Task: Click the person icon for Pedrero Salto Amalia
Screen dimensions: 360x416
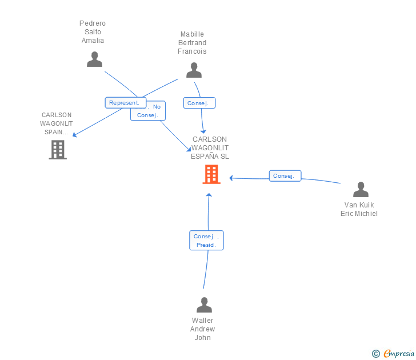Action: pyautogui.click(x=94, y=59)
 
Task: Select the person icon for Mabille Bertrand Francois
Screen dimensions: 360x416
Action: pyautogui.click(x=194, y=70)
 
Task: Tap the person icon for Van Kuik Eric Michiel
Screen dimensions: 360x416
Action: pyautogui.click(x=361, y=189)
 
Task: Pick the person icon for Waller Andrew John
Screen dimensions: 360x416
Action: pyautogui.click(x=203, y=305)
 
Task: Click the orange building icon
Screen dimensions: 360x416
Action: pyautogui.click(x=211, y=174)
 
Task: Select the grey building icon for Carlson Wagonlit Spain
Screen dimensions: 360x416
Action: pyautogui.click(x=58, y=150)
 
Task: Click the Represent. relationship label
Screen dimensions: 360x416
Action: pyautogui.click(x=123, y=103)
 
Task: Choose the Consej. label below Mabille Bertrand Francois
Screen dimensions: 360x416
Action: pyautogui.click(x=199, y=103)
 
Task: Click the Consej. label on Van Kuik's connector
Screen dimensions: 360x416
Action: pyautogui.click(x=285, y=176)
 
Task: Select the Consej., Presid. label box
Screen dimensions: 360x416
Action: pyautogui.click(x=206, y=241)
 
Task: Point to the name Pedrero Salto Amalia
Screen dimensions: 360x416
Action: pyautogui.click(x=93, y=32)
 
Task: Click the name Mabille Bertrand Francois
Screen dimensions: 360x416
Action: pyautogui.click(x=192, y=43)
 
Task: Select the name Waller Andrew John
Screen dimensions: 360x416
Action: pyautogui.click(x=203, y=329)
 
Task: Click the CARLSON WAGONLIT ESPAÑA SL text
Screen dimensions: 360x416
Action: pyautogui.click(x=210, y=147)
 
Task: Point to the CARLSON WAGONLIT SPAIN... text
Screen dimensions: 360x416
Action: pyautogui.click(x=57, y=123)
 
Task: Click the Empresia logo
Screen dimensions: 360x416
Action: pyautogui.click(x=398, y=354)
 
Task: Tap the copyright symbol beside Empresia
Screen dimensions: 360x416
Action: pyautogui.click(x=375, y=354)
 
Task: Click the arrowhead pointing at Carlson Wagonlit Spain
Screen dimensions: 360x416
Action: pyautogui.click(x=74, y=135)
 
